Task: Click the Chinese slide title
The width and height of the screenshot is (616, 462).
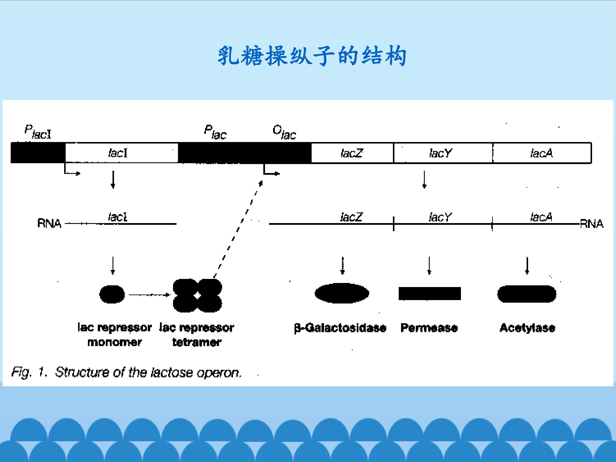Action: click(x=312, y=56)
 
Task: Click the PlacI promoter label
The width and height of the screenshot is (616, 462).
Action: click(x=38, y=132)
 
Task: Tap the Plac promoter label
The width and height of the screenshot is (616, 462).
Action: click(x=215, y=132)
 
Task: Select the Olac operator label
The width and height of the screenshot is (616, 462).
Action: click(x=284, y=132)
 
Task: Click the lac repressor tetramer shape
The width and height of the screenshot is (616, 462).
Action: click(x=197, y=295)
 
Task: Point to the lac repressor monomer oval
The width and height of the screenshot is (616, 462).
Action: click(x=112, y=294)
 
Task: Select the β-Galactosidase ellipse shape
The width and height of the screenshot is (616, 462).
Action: click(x=342, y=293)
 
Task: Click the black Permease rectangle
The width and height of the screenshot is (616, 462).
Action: click(x=430, y=293)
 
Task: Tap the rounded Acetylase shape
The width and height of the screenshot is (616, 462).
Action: click(x=527, y=294)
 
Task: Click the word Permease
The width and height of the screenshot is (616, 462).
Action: click(x=429, y=328)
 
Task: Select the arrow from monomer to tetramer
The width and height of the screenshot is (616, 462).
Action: click(x=150, y=295)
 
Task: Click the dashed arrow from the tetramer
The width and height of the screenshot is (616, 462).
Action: click(x=238, y=229)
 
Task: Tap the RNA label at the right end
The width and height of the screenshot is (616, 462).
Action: click(x=591, y=224)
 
